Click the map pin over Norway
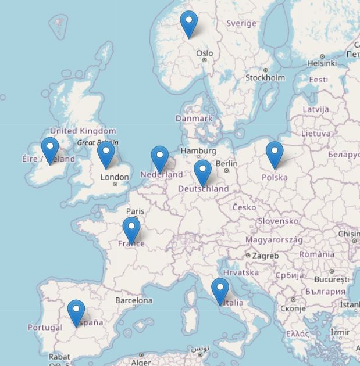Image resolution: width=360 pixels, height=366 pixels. pos(189,23)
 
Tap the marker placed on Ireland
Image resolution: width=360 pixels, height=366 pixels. pos(50,149)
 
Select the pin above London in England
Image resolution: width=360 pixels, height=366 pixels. pos(106,154)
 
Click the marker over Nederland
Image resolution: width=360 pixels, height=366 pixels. pos(160,158)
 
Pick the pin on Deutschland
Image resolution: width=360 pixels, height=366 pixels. pos(202,172)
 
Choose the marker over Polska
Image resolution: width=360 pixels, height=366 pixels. pos(275,154)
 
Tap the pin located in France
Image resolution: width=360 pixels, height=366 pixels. pos(131,229)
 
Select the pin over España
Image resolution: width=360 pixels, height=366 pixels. pos(76,312)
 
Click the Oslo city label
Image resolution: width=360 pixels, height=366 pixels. pos(204,53)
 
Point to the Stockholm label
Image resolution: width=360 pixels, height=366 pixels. pos(265,77)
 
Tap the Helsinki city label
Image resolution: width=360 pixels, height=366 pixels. pos(322,63)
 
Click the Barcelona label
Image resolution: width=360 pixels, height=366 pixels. pos(134,300)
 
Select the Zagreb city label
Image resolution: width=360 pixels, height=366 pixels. pos(265,256)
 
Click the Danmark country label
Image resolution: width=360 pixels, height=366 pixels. pos(194,118)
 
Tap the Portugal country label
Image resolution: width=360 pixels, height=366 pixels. pos(45,327)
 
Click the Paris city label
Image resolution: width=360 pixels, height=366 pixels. pos(136,211)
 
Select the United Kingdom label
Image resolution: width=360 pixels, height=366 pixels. pos(83,131)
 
